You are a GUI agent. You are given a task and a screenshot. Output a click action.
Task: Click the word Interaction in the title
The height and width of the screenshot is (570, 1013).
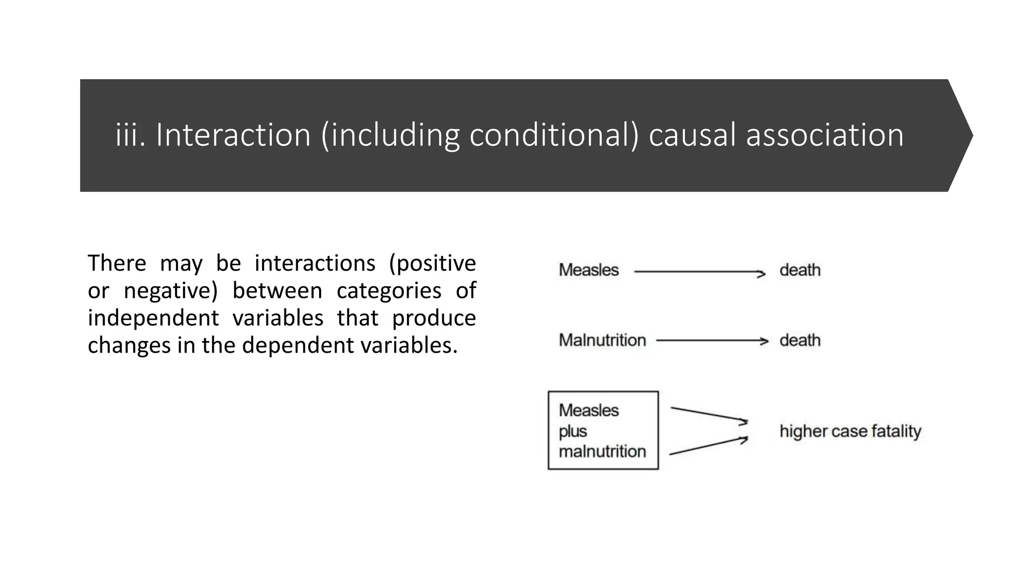[x=233, y=135]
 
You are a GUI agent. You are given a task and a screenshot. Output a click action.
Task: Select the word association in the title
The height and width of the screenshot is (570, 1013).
[x=825, y=135]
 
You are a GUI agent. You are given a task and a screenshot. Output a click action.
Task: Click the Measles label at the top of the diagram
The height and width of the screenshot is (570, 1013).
[x=589, y=270]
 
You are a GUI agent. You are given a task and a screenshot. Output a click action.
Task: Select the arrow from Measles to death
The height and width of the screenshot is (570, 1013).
[x=699, y=272]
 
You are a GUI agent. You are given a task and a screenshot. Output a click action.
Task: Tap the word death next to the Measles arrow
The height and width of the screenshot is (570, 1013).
[x=800, y=270]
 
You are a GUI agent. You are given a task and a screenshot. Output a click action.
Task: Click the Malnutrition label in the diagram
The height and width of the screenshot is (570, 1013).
[x=602, y=340]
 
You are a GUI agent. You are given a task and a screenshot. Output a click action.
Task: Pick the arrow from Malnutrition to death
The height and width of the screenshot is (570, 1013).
[x=712, y=341]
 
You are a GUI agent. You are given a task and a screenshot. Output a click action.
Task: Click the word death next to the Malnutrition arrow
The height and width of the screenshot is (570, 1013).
[x=800, y=340]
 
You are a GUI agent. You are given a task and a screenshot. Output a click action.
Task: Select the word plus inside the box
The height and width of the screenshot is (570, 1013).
[x=573, y=431]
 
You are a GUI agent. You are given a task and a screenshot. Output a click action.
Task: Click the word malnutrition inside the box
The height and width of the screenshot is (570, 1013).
[x=602, y=452]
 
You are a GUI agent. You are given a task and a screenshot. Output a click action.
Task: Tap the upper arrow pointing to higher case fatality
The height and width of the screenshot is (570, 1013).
[x=709, y=415]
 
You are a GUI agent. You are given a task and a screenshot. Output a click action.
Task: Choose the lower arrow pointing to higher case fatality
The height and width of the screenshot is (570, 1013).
[x=708, y=446]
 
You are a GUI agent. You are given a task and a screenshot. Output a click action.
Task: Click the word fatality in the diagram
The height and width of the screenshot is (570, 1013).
[x=896, y=431]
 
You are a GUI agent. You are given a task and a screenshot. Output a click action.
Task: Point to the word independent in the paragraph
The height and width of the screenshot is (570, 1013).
[x=153, y=318]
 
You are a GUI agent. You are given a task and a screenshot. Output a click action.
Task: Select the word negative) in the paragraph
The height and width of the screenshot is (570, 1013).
[x=171, y=290]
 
